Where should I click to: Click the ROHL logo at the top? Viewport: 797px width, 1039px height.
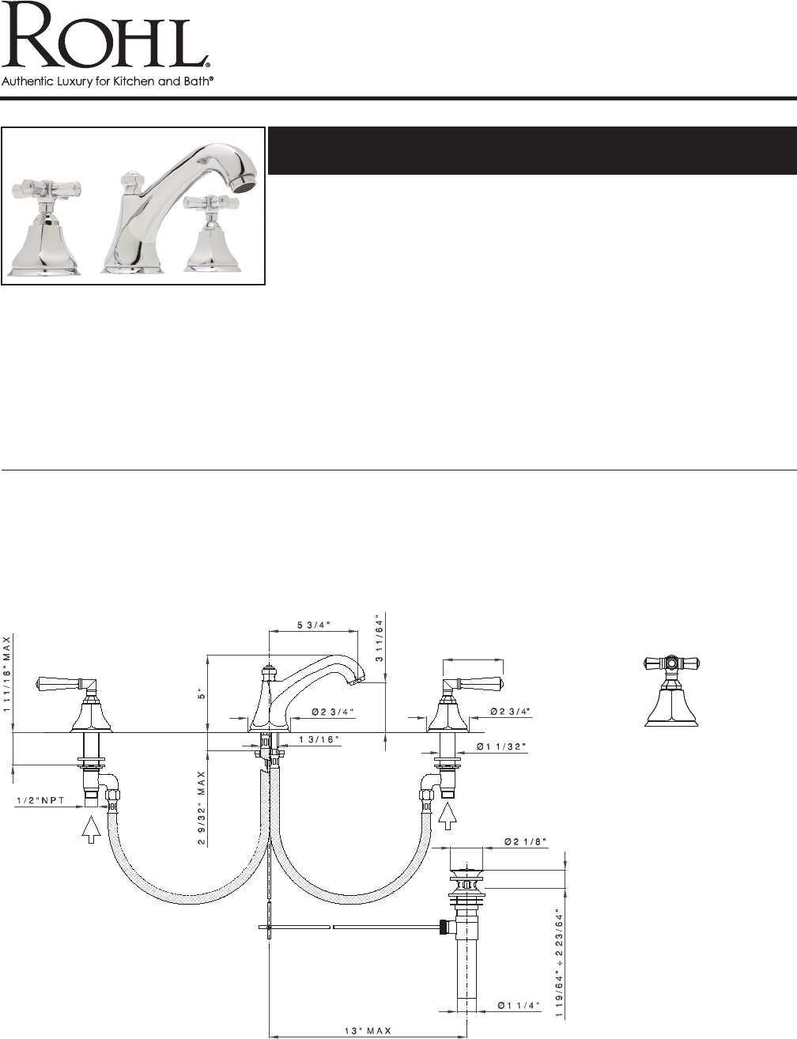[106, 35]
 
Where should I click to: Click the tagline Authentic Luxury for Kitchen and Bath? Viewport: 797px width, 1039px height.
[107, 81]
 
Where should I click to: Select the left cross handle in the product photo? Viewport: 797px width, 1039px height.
[45, 189]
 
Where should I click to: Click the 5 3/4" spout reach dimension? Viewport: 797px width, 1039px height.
[314, 625]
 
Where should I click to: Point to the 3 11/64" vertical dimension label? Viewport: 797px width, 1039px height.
[380, 638]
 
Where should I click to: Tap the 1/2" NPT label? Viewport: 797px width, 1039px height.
[40, 800]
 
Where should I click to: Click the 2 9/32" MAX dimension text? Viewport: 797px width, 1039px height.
[202, 808]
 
